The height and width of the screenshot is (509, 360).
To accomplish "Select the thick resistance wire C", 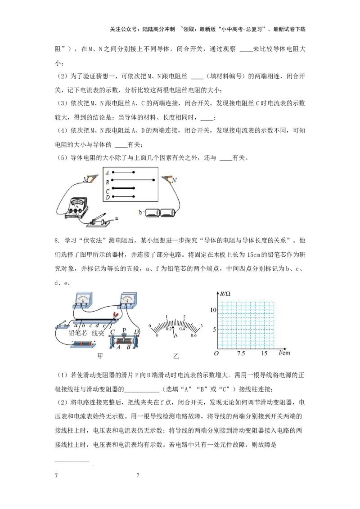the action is [x=123, y=188].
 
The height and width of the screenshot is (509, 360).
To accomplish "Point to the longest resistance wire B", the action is [x=133, y=180].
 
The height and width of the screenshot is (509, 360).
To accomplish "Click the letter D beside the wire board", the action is [x=108, y=197].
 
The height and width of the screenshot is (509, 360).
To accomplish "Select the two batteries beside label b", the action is [x=161, y=213].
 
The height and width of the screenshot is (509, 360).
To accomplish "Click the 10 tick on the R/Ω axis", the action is [x=213, y=310].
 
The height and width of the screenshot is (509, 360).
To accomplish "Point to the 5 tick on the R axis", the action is [x=214, y=330].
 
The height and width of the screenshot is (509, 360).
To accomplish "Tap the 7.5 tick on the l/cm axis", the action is [x=241, y=353].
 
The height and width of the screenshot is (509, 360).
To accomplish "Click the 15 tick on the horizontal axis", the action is [x=264, y=353].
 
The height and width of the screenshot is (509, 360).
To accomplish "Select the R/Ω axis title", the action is [x=225, y=294].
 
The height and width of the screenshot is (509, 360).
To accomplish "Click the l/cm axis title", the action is [x=284, y=353].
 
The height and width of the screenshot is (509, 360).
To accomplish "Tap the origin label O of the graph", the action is [x=216, y=353].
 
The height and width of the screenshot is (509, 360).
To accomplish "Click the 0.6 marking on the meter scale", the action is [x=193, y=335].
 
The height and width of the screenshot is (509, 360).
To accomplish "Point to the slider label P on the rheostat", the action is [x=124, y=330].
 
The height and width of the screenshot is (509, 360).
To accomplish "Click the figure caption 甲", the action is [x=100, y=356].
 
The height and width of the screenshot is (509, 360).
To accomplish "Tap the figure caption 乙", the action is [x=176, y=356].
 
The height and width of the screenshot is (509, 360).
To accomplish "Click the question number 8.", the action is [x=57, y=241].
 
